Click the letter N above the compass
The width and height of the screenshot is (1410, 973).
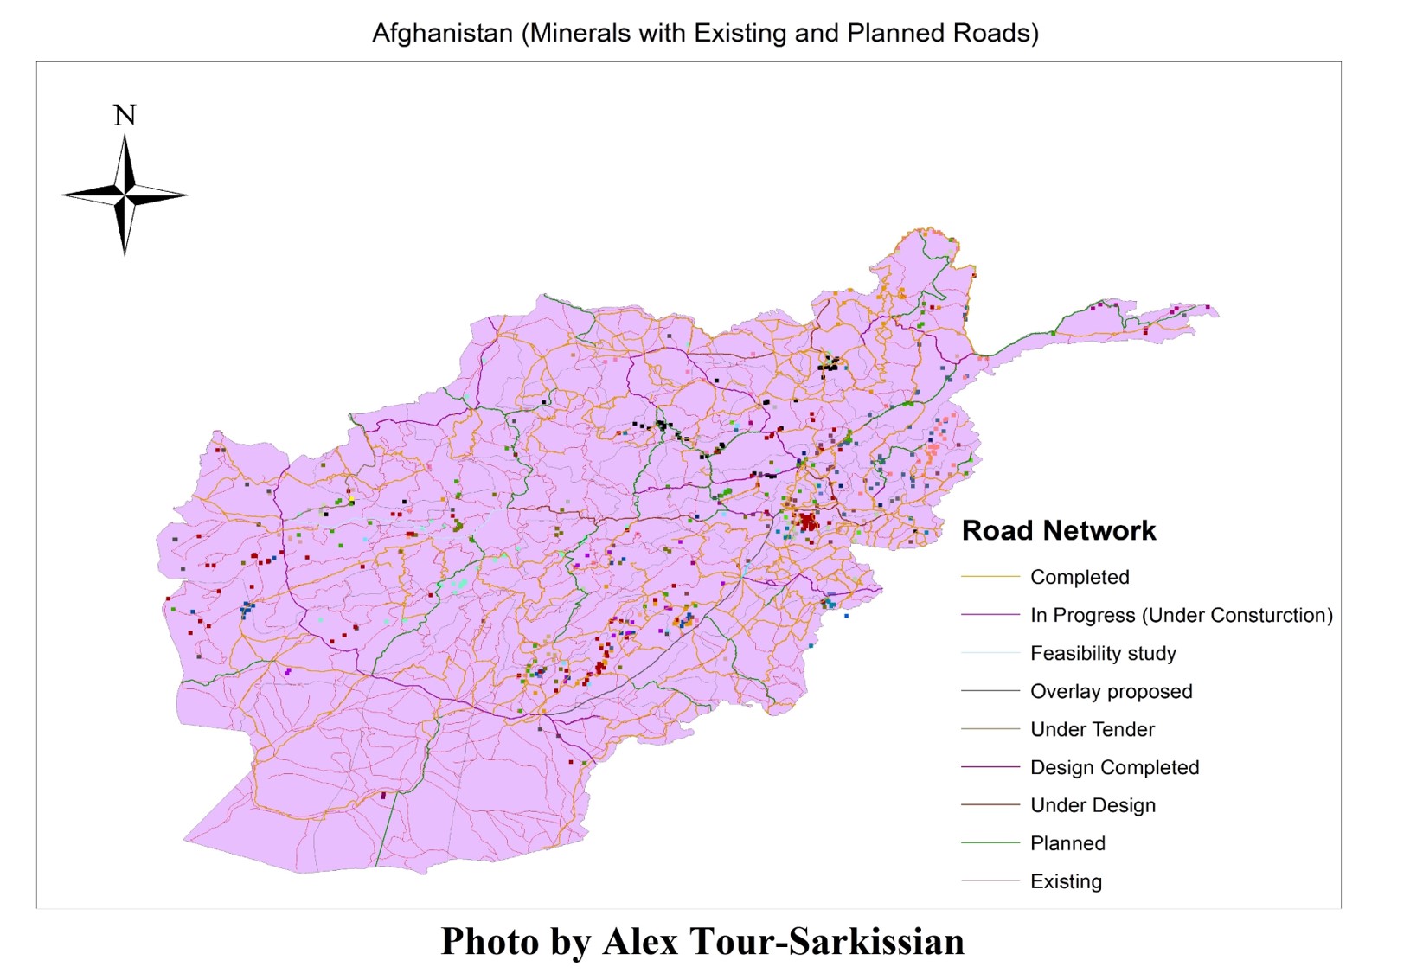(x=125, y=115)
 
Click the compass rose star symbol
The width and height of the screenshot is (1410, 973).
(x=125, y=195)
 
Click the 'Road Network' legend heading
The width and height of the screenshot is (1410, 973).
(x=1058, y=530)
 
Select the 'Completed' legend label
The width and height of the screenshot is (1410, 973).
(x=1080, y=577)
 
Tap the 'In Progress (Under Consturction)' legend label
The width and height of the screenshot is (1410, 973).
(x=1181, y=615)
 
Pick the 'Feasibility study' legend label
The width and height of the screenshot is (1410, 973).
(x=1103, y=653)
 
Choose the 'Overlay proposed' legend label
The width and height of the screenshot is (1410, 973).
(x=1111, y=691)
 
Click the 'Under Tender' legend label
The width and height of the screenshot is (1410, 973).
(x=1092, y=729)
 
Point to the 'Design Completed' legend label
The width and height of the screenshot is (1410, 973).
(x=1114, y=767)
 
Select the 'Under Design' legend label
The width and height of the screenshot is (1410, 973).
(x=1093, y=805)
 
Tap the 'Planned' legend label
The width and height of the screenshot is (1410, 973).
(x=1067, y=843)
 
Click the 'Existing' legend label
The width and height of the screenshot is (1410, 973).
(x=1066, y=881)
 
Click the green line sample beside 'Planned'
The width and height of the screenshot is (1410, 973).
(x=990, y=843)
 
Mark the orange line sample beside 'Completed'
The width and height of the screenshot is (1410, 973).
(x=990, y=577)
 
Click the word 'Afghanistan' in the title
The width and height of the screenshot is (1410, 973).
(x=442, y=34)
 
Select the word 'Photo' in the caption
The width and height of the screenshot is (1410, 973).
(x=490, y=941)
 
